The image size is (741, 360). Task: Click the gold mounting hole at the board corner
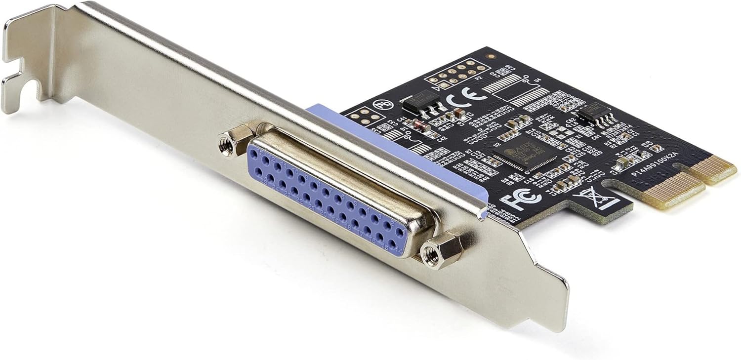489,57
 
